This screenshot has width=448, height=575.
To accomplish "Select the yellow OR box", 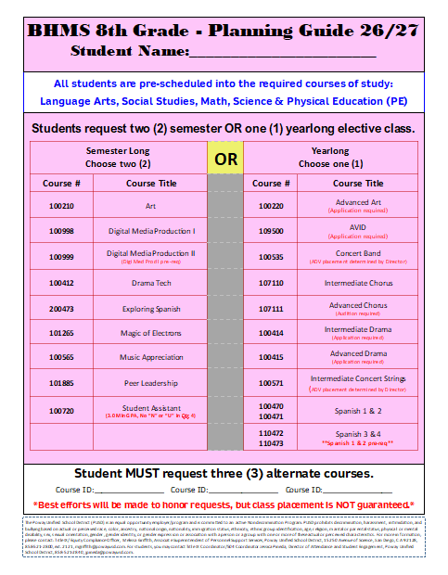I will coord(226,159).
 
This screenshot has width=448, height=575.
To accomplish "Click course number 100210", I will coord(61,205).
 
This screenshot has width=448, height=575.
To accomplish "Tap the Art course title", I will coord(150,205).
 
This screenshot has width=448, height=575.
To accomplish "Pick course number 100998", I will coord(61,231).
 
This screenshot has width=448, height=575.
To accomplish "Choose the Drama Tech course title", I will coord(150,283).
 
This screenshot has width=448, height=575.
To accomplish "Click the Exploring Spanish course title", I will coord(150,309).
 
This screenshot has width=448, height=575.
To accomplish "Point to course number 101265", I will coord(61,332).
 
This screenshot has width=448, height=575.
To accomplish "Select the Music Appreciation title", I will coord(150,357).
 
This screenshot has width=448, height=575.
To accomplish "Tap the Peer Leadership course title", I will coord(150,382).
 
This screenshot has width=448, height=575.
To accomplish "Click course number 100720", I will coord(61,409).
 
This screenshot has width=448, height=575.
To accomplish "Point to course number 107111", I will coord(271,309).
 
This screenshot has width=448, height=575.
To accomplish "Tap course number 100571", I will coord(271,382).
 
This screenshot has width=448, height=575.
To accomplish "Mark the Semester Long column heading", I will coord(119,150).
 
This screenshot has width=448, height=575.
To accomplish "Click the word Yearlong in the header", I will coord(331,150).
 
